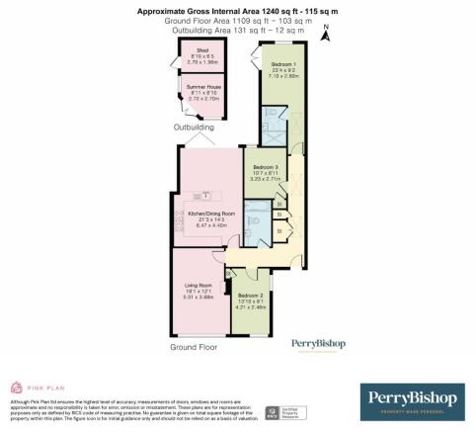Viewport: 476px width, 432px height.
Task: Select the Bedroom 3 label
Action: coord(266,167)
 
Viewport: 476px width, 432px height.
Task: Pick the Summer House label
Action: coord(203,87)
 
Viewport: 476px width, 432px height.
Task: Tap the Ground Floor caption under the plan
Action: coord(194,348)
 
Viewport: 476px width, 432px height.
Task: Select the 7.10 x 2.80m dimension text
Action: coord(278,73)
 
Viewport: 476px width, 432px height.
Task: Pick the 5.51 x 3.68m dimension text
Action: coord(198,298)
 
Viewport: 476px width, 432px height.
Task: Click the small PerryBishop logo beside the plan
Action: coord(317,344)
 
